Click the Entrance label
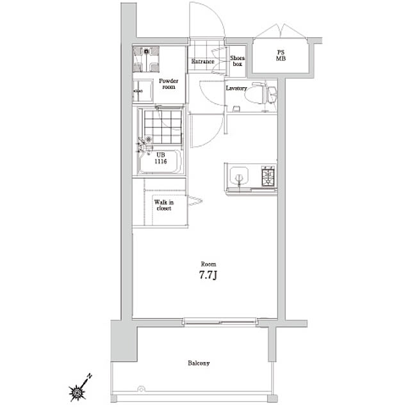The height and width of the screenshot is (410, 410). click(x=202, y=61)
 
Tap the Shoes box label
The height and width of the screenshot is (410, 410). click(x=237, y=61)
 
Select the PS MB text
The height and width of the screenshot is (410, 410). click(x=281, y=56)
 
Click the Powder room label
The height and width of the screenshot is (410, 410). click(x=168, y=84)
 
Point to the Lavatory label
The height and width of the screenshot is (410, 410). click(x=236, y=88)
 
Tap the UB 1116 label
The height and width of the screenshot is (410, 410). click(x=161, y=158)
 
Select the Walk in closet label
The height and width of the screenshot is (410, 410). click(x=164, y=205)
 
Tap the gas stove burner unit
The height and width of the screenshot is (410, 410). click(x=268, y=176)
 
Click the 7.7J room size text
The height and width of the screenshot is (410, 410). click(x=208, y=275)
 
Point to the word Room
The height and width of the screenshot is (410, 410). click(x=208, y=264)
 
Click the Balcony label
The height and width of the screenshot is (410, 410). click(x=199, y=363)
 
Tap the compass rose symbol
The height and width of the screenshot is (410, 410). click(x=76, y=392)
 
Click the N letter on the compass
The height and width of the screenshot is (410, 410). click(x=90, y=377)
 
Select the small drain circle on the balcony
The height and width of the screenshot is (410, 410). click(x=141, y=389)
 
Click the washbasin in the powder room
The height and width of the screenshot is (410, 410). click(x=142, y=91)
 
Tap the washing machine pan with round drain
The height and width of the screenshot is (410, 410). click(x=146, y=59)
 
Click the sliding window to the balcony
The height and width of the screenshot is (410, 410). click(x=220, y=322)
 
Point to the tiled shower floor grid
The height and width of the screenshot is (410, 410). click(x=163, y=127)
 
